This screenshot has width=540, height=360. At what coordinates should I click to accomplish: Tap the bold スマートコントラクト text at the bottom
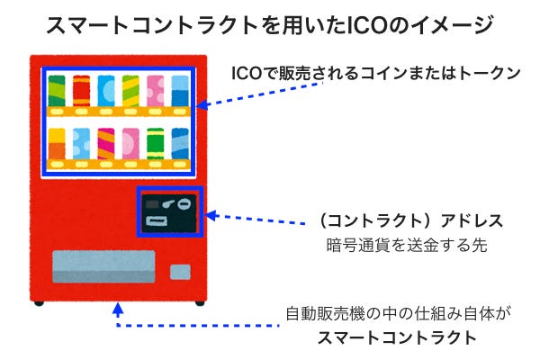click(397, 338)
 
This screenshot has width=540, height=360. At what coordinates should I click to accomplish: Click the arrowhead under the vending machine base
click(118, 310)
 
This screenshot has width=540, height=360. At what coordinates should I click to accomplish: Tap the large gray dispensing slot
click(103, 267)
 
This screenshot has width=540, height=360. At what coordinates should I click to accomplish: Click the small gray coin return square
click(181, 270)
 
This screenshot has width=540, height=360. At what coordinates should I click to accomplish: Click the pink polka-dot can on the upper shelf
click(156, 91)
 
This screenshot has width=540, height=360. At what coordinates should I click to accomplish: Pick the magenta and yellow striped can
click(105, 143)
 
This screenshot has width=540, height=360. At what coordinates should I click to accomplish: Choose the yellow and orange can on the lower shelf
click(57, 143)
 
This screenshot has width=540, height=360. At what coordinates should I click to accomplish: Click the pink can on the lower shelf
click(130, 143)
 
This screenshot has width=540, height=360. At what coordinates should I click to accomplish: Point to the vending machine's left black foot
click(39, 302)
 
